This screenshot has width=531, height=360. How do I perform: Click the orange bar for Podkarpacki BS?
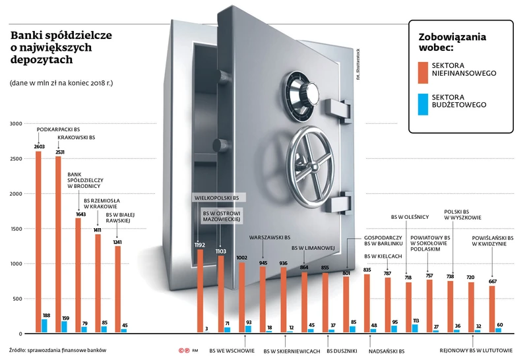38,241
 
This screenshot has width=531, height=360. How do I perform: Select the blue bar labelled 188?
45,324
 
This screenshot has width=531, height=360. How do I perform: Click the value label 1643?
78,214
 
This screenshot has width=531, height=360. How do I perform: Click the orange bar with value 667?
492,309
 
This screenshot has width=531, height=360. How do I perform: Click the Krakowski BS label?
77,138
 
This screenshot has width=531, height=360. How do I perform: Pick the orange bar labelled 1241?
118,288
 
